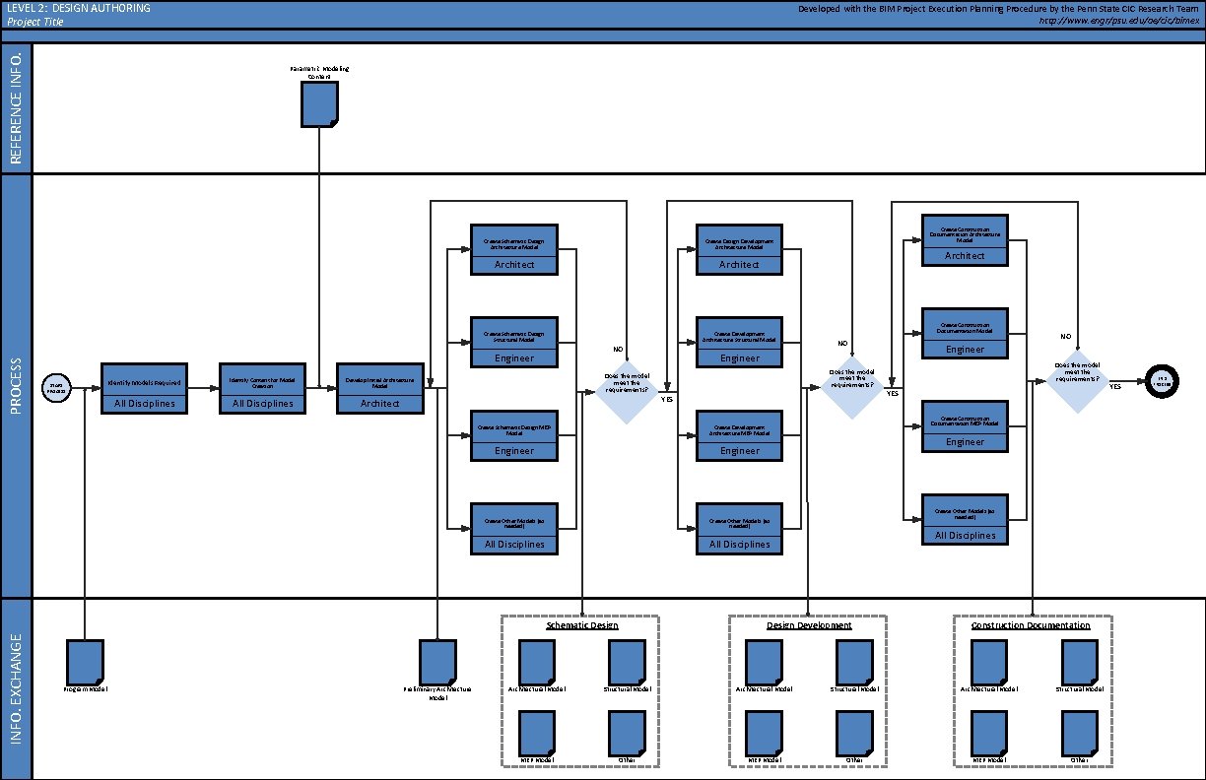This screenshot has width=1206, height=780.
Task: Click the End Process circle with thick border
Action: (1163, 380)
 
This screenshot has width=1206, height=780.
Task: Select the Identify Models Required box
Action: (144, 388)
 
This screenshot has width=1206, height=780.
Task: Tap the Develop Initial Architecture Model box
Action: (380, 388)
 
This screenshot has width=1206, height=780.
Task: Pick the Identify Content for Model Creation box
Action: (261, 388)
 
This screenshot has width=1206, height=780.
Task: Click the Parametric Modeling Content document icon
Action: (319, 103)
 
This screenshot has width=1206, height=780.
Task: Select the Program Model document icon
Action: (85, 660)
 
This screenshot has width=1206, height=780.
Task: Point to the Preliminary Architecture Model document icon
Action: (437, 660)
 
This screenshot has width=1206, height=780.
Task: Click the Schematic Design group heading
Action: (582, 625)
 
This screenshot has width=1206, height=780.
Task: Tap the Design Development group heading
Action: (809, 625)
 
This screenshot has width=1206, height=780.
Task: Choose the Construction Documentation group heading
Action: (1031, 625)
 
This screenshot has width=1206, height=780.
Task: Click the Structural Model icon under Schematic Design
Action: (628, 660)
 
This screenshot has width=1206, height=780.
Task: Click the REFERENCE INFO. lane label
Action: (17, 107)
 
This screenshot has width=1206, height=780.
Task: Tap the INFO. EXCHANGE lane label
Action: (17, 689)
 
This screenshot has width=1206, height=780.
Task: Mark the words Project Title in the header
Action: (34, 22)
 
